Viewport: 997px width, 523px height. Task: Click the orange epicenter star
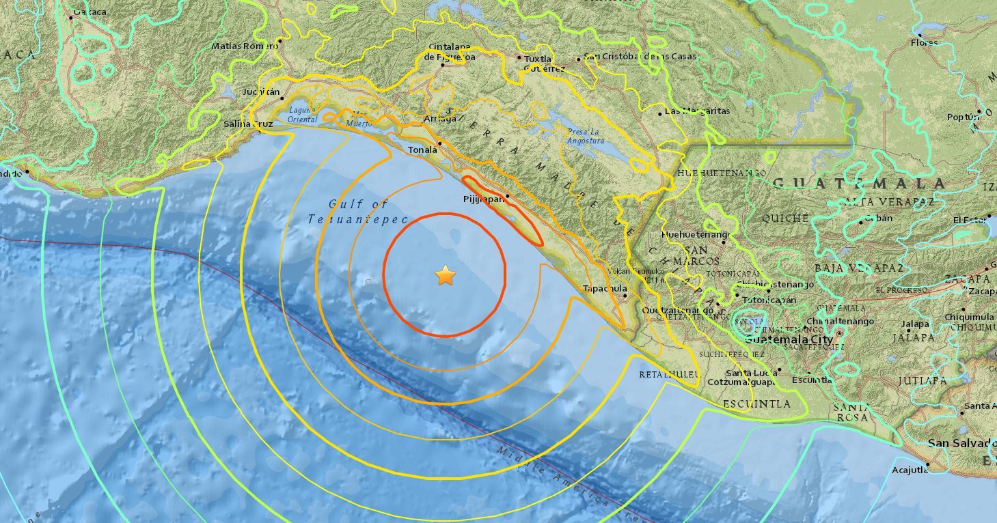pyautogui.click(x=445, y=276)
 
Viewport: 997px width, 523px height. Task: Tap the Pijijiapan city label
pyautogui.click(x=483, y=199)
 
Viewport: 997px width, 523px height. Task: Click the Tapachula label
pyautogui.click(x=604, y=289)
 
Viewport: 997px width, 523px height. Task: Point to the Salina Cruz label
pyautogui.click(x=248, y=124)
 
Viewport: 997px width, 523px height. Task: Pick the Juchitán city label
pyautogui.click(x=261, y=92)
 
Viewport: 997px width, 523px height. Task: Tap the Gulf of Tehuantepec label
pyautogui.click(x=357, y=212)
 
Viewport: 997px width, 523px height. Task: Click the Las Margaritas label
pyautogui.click(x=697, y=111)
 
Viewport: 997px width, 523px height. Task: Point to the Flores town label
pyautogui.click(x=924, y=42)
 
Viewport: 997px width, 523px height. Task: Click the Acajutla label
pyautogui.click(x=910, y=470)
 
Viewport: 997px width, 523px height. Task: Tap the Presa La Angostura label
pyautogui.click(x=586, y=137)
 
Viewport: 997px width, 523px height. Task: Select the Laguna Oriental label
pyautogui.click(x=303, y=115)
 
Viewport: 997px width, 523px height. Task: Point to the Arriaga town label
pyautogui.click(x=439, y=119)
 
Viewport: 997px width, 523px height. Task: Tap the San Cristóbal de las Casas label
pyautogui.click(x=640, y=57)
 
